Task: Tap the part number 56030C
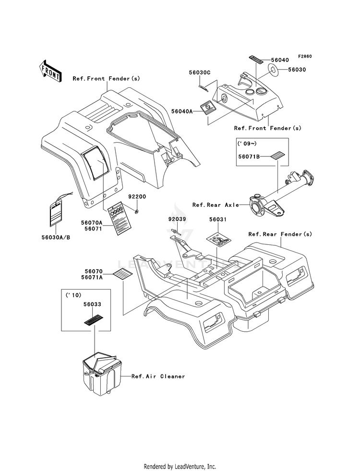click(x=199, y=72)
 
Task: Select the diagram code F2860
click(x=304, y=56)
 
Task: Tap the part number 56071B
click(x=249, y=156)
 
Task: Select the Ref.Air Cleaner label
click(x=158, y=376)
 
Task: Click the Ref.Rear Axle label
click(x=216, y=205)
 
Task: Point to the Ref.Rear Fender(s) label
click(x=280, y=234)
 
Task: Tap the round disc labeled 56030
click(x=274, y=72)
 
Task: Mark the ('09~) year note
click(x=247, y=143)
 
